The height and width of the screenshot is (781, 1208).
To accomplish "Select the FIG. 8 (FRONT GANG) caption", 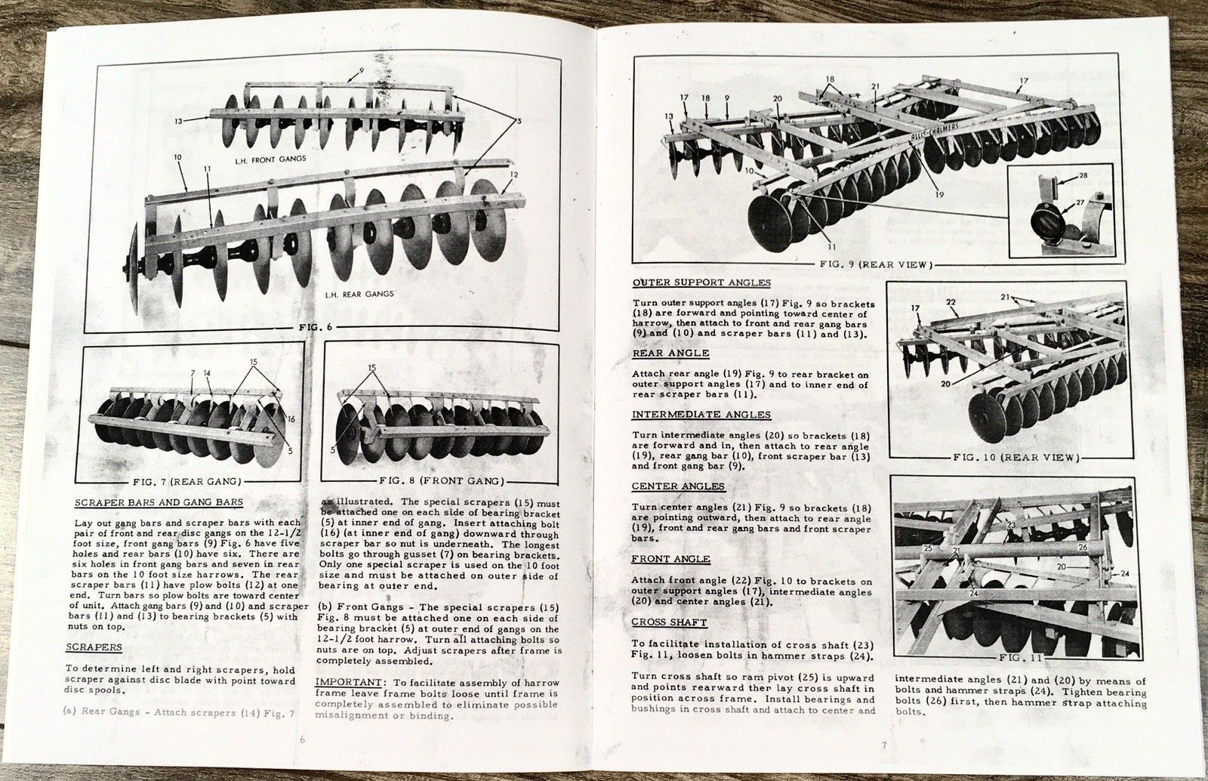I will point(440,481).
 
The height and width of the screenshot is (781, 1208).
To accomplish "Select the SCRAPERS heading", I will point(94,647).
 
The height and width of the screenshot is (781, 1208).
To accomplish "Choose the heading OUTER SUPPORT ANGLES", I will point(701,283).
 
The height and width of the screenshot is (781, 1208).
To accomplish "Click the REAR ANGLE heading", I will point(670,353).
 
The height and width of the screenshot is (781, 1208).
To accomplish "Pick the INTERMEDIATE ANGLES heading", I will point(701,415).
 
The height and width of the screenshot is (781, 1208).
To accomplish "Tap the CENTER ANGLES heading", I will point(677,486).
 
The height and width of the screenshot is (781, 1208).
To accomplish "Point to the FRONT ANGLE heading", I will point(670,559).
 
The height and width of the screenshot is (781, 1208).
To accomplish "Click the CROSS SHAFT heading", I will point(669,622).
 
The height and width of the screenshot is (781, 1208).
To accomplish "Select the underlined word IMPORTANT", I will point(341,683).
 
